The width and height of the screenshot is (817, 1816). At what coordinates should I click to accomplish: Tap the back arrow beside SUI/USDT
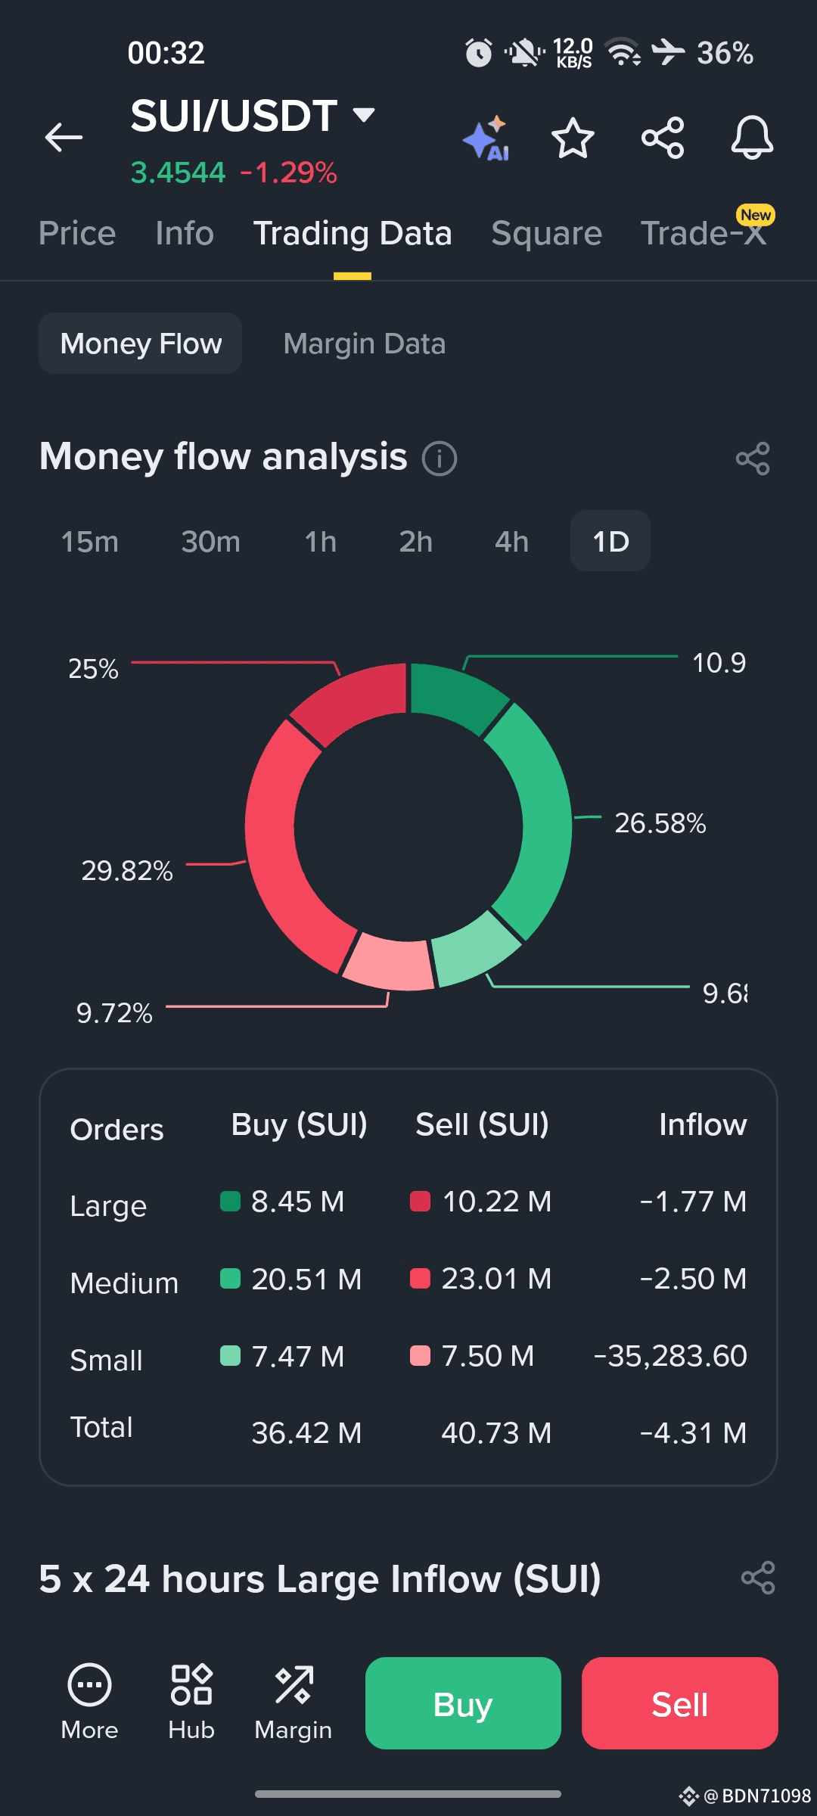64,138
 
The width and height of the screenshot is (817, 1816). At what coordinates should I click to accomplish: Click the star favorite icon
573,138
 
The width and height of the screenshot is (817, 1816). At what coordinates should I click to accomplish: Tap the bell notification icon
751,138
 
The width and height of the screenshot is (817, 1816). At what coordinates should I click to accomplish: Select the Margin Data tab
364,344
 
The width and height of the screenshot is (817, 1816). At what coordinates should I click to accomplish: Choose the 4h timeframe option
511,542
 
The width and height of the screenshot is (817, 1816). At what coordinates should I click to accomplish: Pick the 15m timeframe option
90,542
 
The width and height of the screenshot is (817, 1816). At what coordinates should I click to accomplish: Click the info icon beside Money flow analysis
440,459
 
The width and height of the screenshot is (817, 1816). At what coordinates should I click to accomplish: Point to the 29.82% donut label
127,871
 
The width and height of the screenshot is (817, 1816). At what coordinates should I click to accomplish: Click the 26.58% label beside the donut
660,823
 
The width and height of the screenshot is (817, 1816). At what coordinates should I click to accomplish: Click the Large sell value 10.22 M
496,1202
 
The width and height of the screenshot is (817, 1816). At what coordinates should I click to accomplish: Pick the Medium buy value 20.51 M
306,1280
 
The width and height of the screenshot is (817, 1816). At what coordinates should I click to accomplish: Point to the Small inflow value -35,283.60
670,1356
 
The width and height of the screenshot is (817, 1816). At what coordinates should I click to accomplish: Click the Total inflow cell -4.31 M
693,1433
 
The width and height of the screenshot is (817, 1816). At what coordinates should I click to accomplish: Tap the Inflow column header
702,1124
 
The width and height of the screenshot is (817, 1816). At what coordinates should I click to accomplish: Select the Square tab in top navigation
546,233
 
